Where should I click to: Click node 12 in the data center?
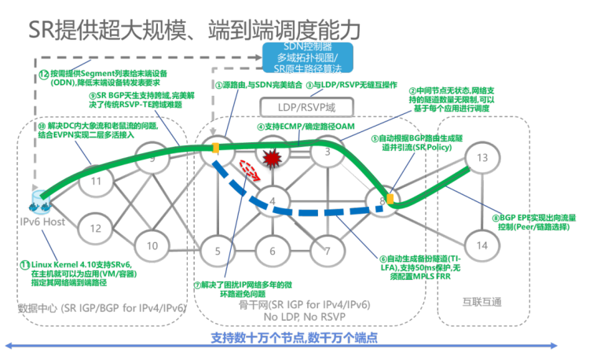pos(95,229)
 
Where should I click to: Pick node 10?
pos(152,246)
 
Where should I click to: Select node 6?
pos(272,252)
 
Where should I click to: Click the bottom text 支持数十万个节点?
pos(294,339)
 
